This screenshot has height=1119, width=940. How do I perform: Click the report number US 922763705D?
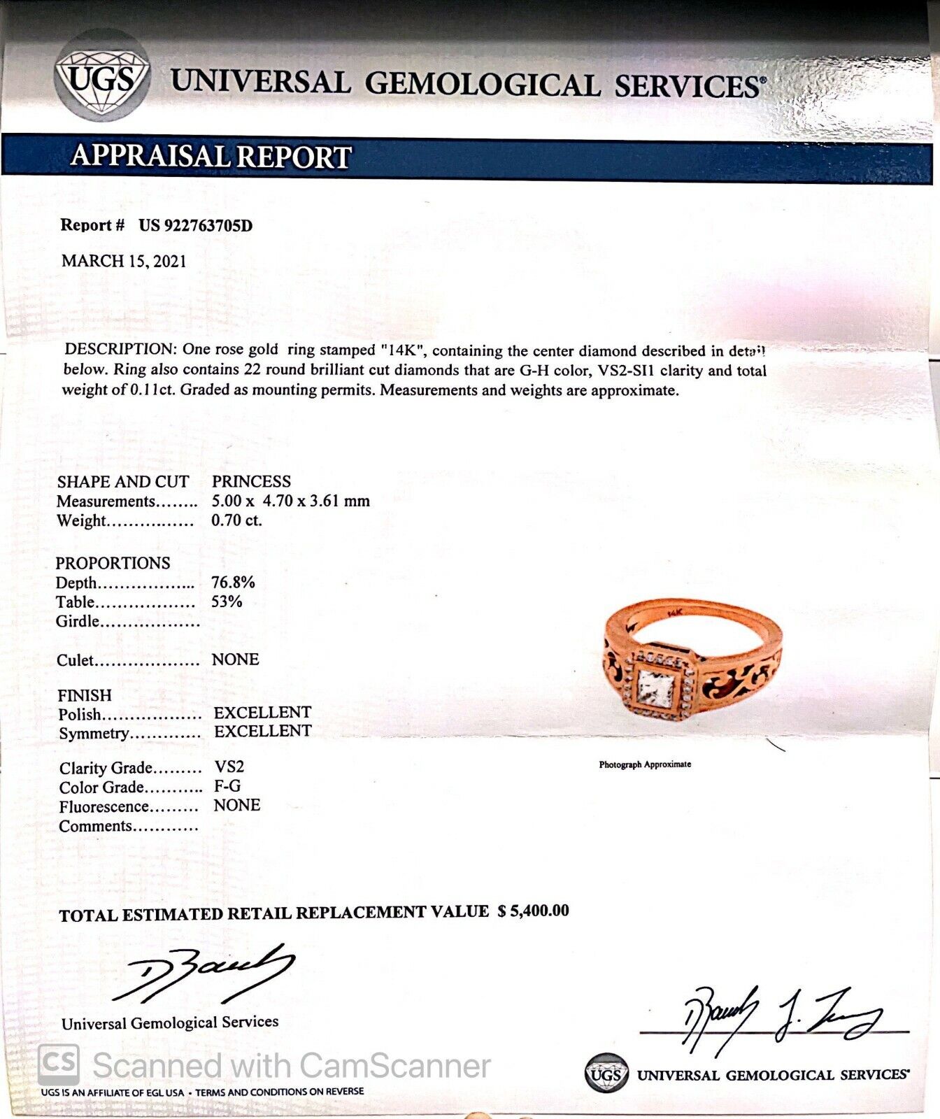195,225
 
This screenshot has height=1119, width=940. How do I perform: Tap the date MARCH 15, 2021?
124,261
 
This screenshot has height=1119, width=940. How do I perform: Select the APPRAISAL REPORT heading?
211,157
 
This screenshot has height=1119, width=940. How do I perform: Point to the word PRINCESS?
251,481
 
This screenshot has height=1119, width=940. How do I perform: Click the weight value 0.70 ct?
236,520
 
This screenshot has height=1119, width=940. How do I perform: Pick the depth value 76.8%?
233,582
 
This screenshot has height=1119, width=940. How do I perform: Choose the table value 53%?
227,601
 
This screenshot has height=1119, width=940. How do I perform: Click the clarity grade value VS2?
229,767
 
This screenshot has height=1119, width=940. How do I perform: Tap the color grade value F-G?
227,786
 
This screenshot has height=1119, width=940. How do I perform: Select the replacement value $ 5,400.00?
533,911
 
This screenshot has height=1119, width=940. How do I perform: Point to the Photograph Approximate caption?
645,764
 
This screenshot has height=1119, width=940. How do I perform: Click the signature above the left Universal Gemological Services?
203,972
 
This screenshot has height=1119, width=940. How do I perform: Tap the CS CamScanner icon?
58,1064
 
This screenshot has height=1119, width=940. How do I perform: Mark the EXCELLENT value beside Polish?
262,712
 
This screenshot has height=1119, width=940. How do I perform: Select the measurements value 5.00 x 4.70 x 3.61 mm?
290,501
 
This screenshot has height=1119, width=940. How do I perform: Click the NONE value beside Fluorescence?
236,805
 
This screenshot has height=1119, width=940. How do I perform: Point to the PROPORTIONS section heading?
113,563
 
